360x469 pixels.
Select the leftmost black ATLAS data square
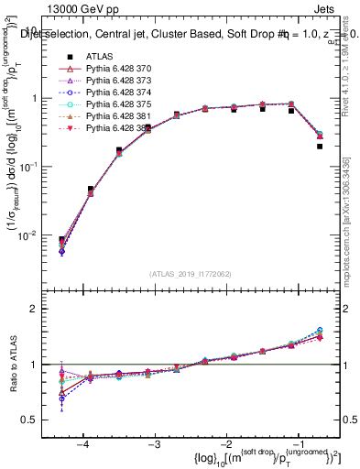coord(61,239)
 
